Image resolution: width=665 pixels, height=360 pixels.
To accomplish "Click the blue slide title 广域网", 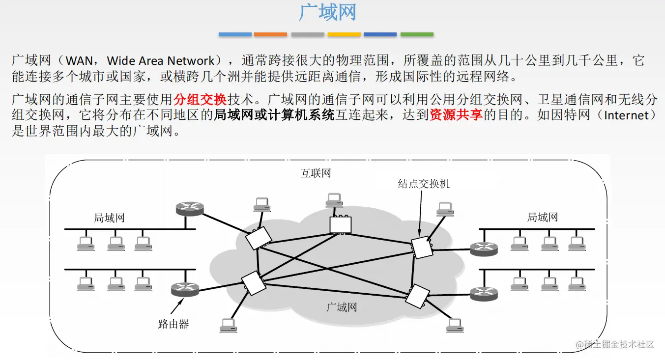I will (x=327, y=12).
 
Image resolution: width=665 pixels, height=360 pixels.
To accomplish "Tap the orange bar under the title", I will (x=270, y=34).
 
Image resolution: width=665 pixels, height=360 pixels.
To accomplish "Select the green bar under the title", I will (x=417, y=34).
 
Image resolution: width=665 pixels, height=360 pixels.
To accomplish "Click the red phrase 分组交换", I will (x=200, y=100).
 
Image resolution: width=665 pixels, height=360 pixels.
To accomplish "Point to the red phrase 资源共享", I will (x=456, y=115).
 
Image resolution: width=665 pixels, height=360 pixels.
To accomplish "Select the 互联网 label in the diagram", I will (x=316, y=173).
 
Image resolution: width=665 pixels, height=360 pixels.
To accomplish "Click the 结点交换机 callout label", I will (x=424, y=184).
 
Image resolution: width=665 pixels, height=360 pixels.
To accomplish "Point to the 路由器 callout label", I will (x=173, y=324).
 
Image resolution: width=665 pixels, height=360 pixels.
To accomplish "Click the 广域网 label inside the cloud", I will (x=342, y=307).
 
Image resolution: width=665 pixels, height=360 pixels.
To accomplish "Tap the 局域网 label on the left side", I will (x=109, y=218).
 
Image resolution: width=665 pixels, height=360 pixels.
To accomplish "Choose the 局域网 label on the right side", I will (x=543, y=217).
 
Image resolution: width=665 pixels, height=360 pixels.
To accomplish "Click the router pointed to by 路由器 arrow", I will (x=185, y=290).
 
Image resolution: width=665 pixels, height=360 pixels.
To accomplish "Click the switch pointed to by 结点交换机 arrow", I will (x=422, y=247).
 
